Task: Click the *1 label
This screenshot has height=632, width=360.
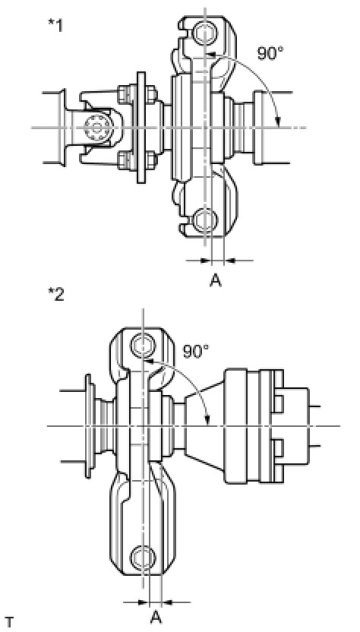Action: point(55,27)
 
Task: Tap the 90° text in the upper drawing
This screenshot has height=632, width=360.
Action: point(271,53)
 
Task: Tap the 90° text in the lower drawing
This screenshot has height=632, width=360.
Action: point(195,351)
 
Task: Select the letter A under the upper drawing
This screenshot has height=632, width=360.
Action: point(216,280)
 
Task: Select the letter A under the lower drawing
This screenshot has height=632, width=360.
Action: point(156,617)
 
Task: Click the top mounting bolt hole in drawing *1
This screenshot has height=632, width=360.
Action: point(205,33)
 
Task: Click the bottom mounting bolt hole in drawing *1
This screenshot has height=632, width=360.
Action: point(205,220)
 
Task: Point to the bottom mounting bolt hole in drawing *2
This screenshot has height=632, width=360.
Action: point(143,557)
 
